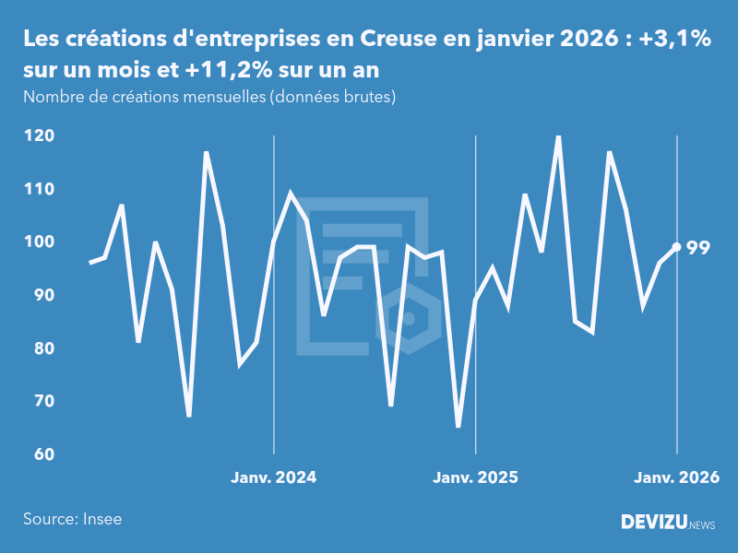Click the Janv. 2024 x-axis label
273,477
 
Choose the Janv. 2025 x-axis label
475,477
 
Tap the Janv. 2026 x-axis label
676,477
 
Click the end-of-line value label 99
698,247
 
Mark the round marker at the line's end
676,247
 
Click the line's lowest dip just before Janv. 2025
458,427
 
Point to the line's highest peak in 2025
558,136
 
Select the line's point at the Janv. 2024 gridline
274,242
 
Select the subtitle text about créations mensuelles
209,97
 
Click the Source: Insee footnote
73,519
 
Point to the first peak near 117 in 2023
206,153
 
